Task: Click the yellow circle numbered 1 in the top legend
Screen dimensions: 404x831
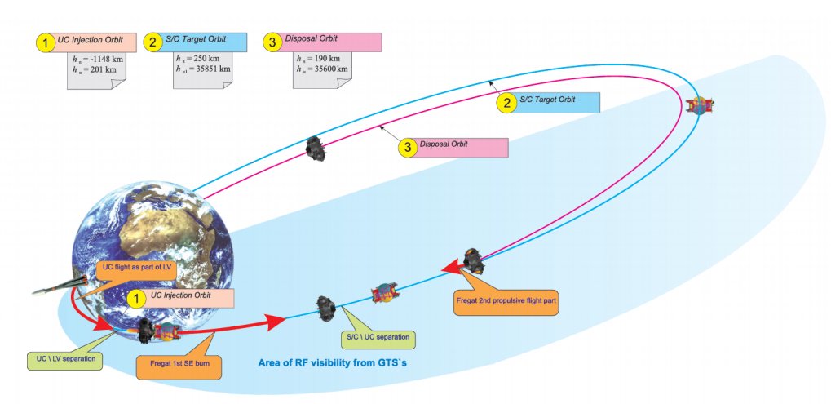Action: click(x=44, y=42)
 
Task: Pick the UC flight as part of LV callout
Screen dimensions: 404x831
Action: click(x=131, y=268)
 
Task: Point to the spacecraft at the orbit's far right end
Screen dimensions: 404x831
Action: click(x=699, y=105)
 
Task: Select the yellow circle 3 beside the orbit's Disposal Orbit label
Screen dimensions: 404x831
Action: click(x=406, y=148)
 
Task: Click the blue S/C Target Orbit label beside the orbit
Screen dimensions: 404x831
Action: click(x=559, y=102)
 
